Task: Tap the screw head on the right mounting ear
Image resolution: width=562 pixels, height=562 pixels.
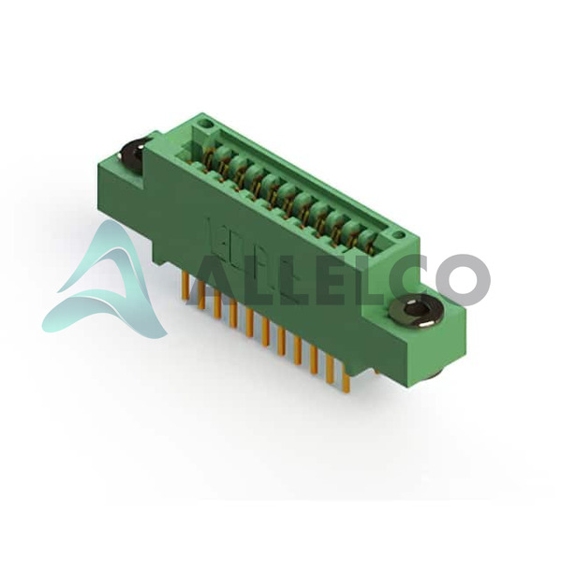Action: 416,310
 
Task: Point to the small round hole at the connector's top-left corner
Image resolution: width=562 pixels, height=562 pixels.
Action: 205,124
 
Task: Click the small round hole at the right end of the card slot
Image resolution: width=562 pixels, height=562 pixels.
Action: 397,235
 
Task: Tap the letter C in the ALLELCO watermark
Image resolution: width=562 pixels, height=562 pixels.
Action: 412,279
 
